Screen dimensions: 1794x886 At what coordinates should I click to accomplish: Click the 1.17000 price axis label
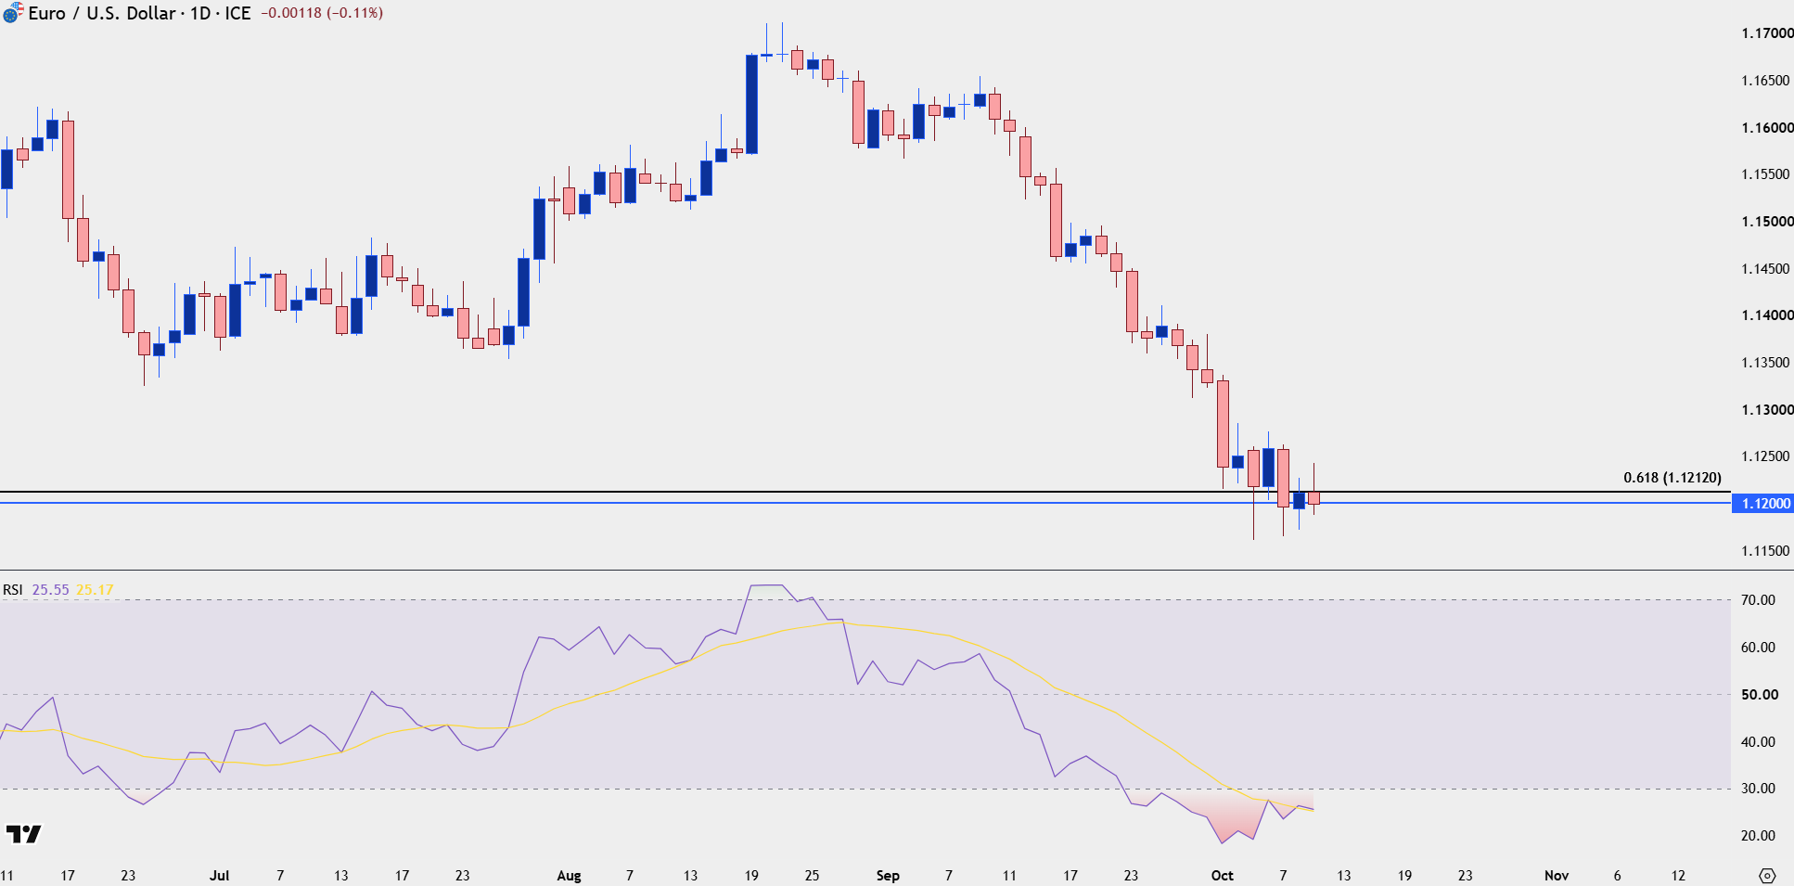(1767, 33)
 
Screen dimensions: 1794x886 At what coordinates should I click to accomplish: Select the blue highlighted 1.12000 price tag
(1762, 503)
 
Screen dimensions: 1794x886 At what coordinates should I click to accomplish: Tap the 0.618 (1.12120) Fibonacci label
(1672, 478)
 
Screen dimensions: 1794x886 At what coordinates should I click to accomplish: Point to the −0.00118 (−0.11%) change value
(322, 13)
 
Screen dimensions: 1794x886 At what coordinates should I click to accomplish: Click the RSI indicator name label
(12, 590)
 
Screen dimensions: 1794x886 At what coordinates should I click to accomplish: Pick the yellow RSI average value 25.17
(95, 590)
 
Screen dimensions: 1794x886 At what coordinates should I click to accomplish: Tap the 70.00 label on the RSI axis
(1758, 600)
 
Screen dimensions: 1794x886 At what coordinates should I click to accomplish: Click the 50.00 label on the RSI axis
(1758, 695)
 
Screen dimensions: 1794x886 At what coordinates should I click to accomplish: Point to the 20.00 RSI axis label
(1758, 836)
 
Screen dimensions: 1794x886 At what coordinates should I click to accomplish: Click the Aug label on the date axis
(569, 876)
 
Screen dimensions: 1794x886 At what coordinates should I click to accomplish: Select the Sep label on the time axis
(888, 876)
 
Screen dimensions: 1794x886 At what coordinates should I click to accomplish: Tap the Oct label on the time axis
(1223, 876)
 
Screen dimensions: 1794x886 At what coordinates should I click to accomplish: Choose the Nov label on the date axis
(1557, 876)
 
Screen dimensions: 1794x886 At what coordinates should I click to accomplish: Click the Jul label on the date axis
(219, 876)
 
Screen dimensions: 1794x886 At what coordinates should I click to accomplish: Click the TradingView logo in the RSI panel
(23, 834)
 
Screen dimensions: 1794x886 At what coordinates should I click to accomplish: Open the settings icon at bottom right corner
(1767, 876)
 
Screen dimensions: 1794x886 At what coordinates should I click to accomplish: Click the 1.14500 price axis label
(1767, 269)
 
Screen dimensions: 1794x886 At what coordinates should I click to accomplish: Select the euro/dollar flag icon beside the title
(12, 13)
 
